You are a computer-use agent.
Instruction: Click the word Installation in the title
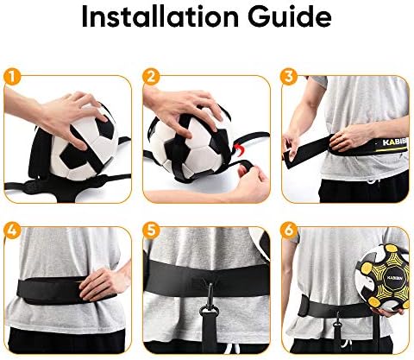tap(160, 16)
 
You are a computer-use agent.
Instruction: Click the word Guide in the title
tap(290, 16)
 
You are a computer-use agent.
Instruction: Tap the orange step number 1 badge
tap(12, 77)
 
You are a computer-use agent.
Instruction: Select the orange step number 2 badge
tap(151, 77)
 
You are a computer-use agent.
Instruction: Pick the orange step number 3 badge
tap(290, 77)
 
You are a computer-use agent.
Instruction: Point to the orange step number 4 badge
tap(12, 230)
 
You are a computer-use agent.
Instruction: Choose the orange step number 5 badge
tap(151, 230)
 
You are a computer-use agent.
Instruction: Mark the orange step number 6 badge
tap(290, 230)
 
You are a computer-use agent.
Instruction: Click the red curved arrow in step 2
tap(241, 150)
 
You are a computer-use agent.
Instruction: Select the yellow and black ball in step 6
tap(382, 277)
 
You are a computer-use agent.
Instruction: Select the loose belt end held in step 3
tap(304, 154)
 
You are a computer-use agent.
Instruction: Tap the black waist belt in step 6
tap(335, 308)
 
